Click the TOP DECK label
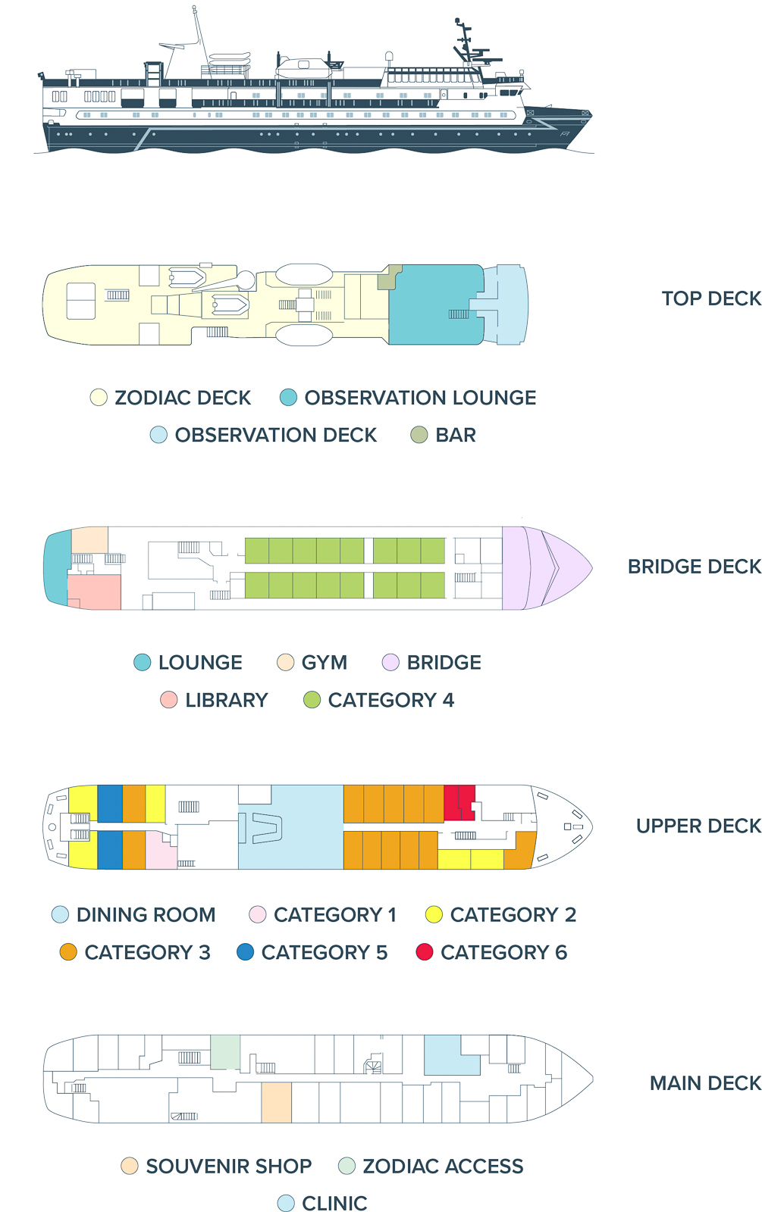pyautogui.click(x=710, y=298)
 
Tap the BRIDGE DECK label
pyautogui.click(x=694, y=567)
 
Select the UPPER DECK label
pyautogui.click(x=698, y=826)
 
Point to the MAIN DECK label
pyautogui.click(x=705, y=1083)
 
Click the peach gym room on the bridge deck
pyautogui.click(x=89, y=540)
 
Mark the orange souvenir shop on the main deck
pyautogui.click(x=276, y=1102)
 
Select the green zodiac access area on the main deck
pyautogui.click(x=225, y=1052)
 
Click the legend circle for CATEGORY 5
pyautogui.click(x=245, y=952)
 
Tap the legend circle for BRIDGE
pyautogui.click(x=390, y=663)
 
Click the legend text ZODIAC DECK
pyautogui.click(x=183, y=398)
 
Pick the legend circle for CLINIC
pyautogui.click(x=286, y=1203)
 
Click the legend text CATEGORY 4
pyautogui.click(x=390, y=700)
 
